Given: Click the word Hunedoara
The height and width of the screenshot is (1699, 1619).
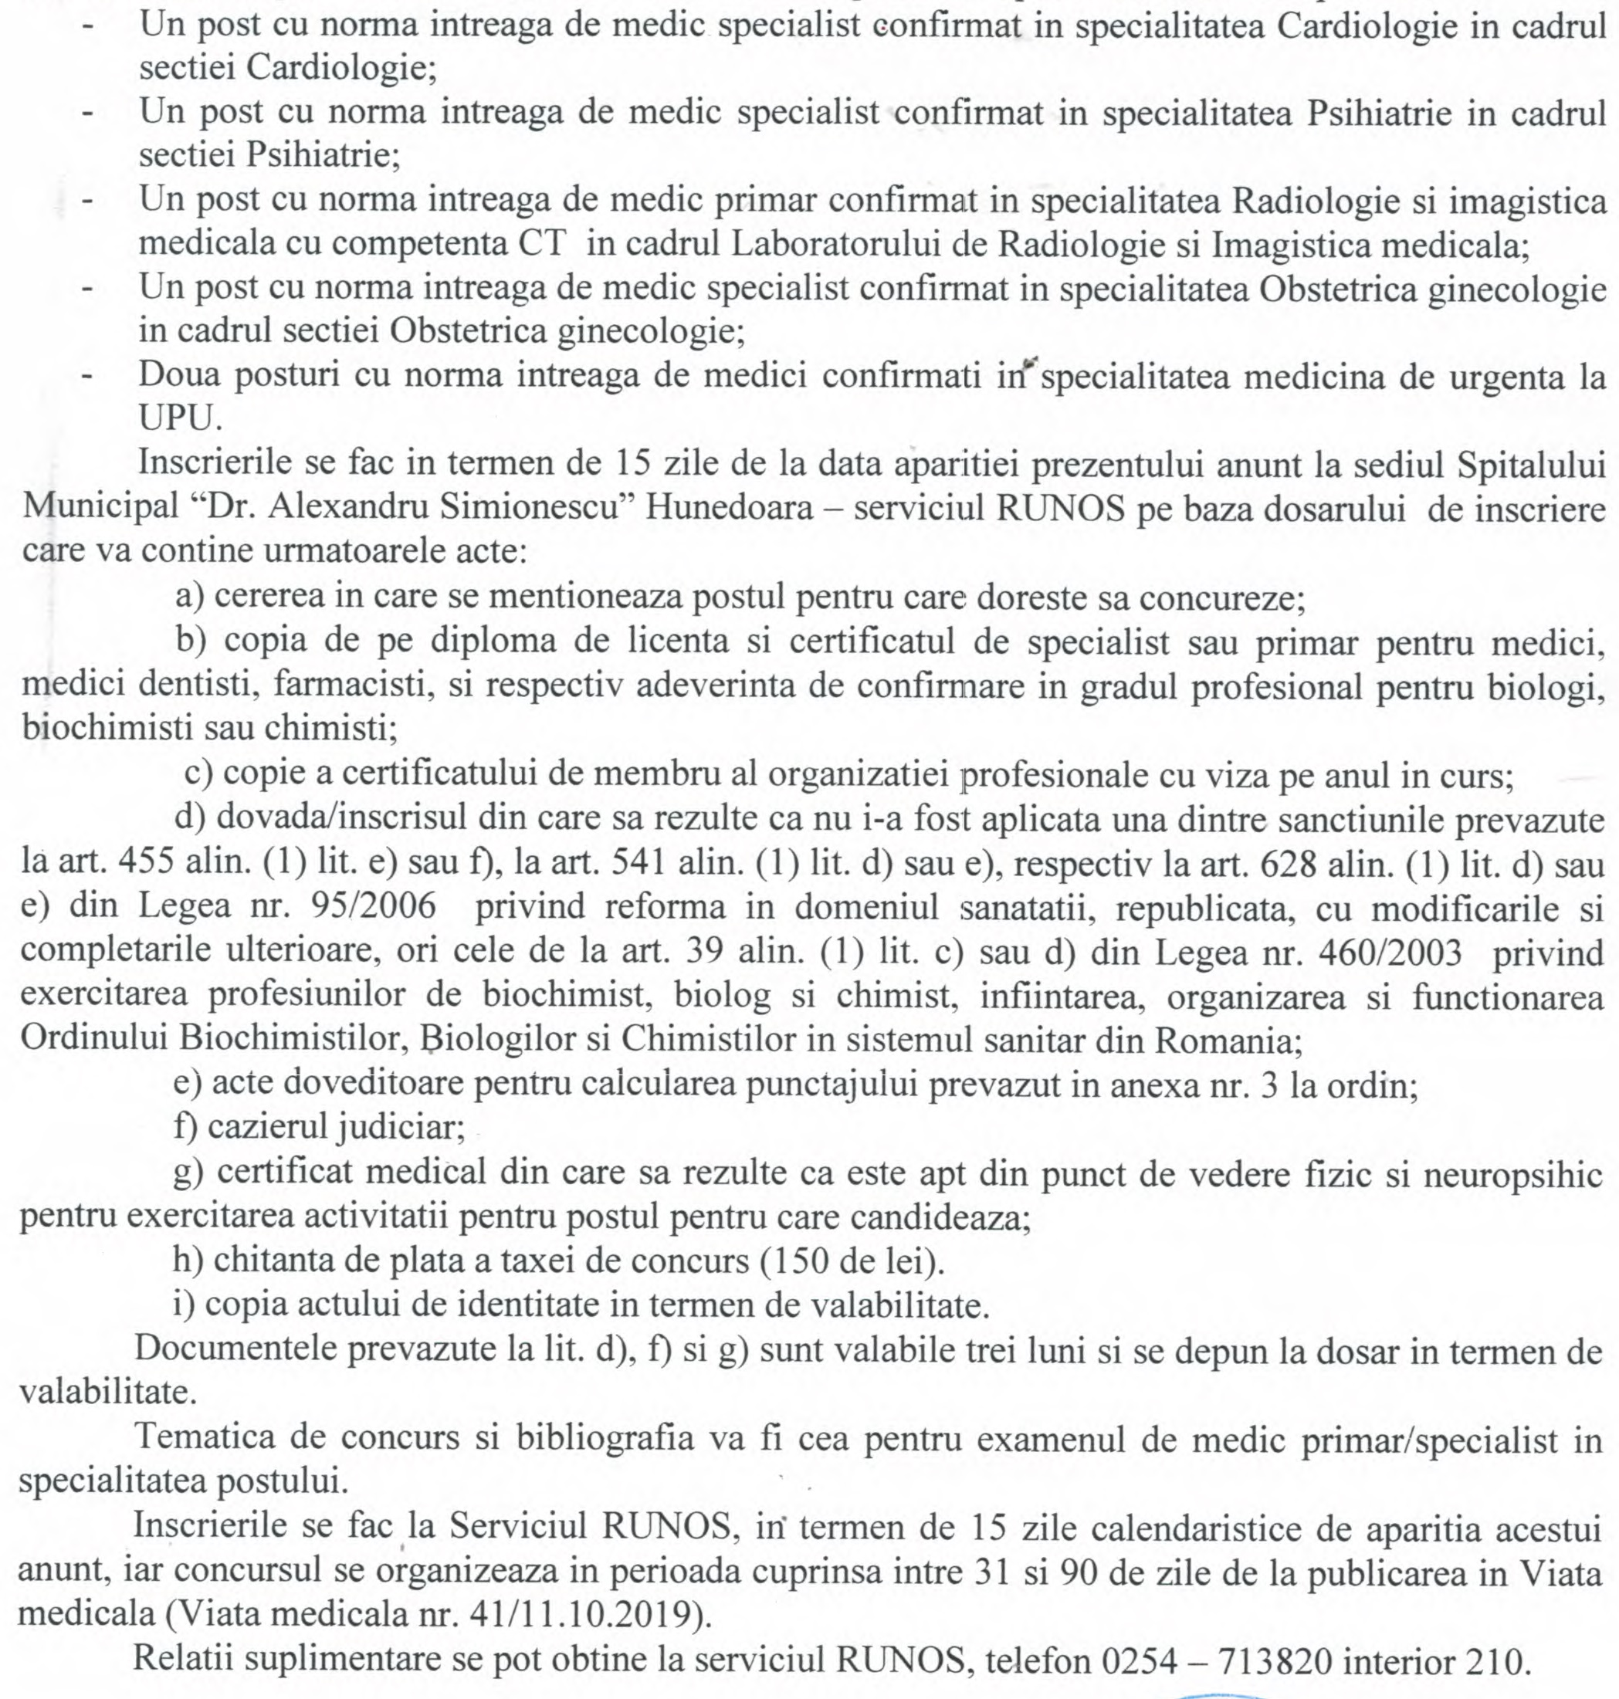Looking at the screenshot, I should click(730, 507).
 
